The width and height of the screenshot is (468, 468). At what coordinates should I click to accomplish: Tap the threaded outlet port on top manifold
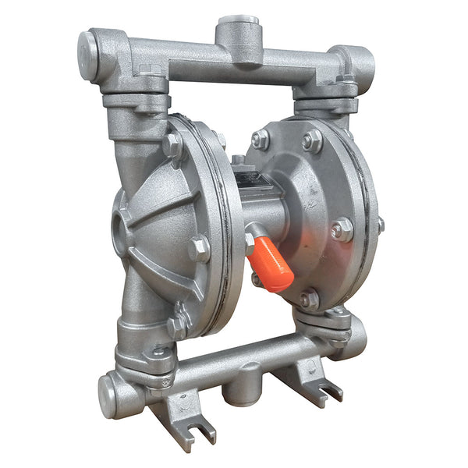pyautogui.click(x=238, y=23)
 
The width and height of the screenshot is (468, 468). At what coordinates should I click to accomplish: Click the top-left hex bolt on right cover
pyautogui.click(x=260, y=140)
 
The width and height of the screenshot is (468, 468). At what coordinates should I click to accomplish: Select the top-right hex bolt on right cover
pyautogui.click(x=312, y=141)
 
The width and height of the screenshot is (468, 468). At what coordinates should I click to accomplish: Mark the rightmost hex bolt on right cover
pyautogui.click(x=341, y=229)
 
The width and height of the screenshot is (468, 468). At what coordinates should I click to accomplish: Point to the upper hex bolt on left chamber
pyautogui.click(x=172, y=146)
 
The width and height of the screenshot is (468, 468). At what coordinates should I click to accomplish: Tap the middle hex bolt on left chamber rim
pyautogui.click(x=200, y=249)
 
